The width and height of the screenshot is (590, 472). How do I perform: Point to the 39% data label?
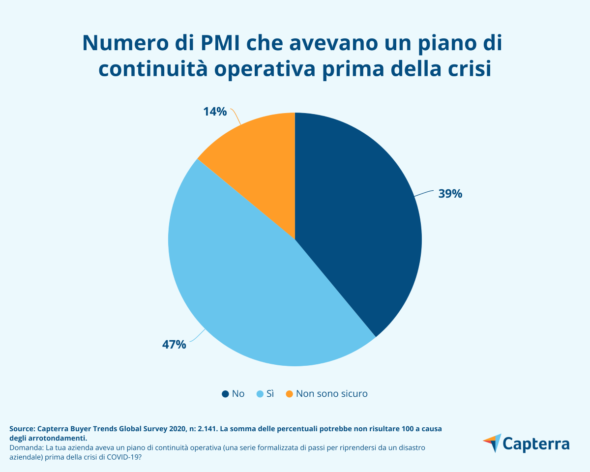tap(450, 194)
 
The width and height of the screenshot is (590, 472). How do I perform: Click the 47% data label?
tap(174, 344)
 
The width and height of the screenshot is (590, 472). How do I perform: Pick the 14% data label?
tap(215, 112)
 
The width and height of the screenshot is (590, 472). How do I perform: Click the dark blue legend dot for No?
tap(225, 394)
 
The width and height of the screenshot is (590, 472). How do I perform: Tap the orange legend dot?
tap(289, 394)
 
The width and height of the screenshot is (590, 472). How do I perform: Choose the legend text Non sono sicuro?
tap(331, 394)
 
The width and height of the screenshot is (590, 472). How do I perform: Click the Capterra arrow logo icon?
tap(492, 443)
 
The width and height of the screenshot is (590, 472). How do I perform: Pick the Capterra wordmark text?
tap(536, 444)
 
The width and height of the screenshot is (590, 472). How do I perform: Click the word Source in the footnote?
tap(22, 429)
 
